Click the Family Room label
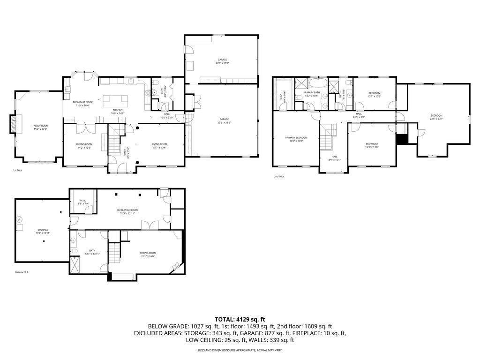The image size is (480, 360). [40, 126]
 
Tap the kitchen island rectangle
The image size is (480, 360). [115, 99]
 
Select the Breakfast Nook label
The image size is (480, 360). [82, 102]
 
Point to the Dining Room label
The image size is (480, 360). [84, 144]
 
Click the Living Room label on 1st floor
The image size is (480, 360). [159, 144]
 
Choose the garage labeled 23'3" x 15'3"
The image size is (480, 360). [222, 60]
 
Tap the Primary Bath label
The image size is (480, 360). [311, 93]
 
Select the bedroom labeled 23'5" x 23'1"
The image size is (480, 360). [436, 115]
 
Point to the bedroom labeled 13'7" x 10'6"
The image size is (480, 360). [374, 93]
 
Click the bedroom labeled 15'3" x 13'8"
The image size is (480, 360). [372, 143]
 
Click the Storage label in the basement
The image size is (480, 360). [43, 230]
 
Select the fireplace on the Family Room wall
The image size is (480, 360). [14, 125]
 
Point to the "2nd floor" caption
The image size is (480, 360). [279, 177]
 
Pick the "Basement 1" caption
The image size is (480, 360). [22, 272]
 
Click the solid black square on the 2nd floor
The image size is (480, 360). [401, 140]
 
